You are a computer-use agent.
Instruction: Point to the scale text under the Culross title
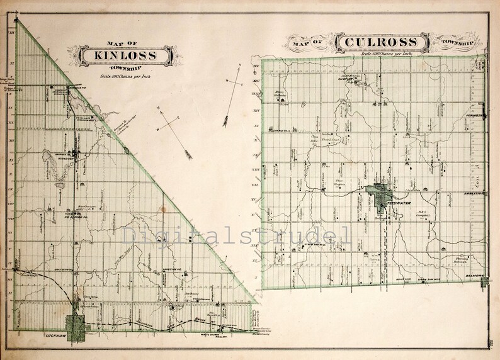(384, 55)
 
